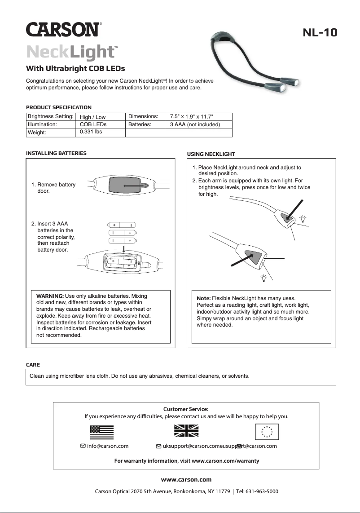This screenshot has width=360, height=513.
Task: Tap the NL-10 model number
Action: [320, 33]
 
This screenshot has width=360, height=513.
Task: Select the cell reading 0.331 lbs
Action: [91, 132]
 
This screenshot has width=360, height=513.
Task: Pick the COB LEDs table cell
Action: [93, 124]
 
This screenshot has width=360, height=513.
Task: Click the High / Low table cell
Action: [92, 117]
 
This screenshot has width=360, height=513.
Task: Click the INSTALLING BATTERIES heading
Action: [56, 153]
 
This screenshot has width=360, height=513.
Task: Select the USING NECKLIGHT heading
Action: [211, 154]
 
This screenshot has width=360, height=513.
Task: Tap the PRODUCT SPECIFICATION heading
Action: [59, 107]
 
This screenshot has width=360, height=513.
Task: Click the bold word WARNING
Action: [49, 296]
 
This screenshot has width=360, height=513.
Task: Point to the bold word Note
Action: [204, 298]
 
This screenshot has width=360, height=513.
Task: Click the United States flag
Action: [102, 432]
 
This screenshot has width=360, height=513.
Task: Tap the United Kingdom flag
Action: [186, 431]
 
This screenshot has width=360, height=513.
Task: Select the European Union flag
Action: [267, 431]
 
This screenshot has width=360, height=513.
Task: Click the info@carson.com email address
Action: [108, 446]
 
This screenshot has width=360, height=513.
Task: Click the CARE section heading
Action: [33, 365]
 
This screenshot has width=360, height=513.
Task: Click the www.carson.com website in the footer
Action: [186, 479]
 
